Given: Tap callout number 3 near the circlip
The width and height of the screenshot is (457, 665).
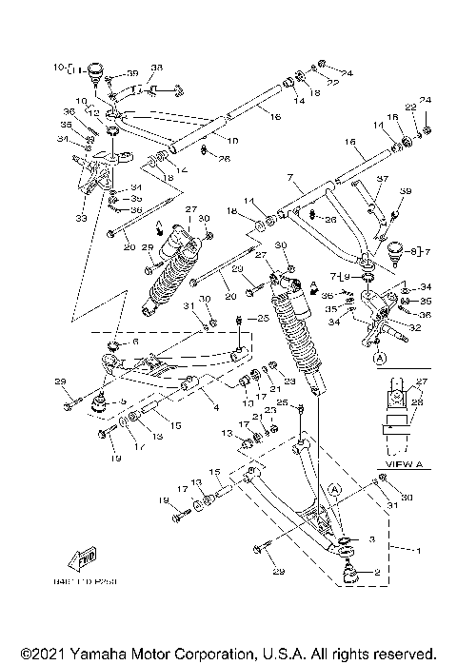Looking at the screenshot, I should (372, 539).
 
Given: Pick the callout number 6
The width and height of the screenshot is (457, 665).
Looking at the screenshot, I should (134, 342).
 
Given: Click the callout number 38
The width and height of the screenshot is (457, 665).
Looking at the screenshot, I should (157, 68).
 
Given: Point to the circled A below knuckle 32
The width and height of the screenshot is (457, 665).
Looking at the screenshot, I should (379, 359).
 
